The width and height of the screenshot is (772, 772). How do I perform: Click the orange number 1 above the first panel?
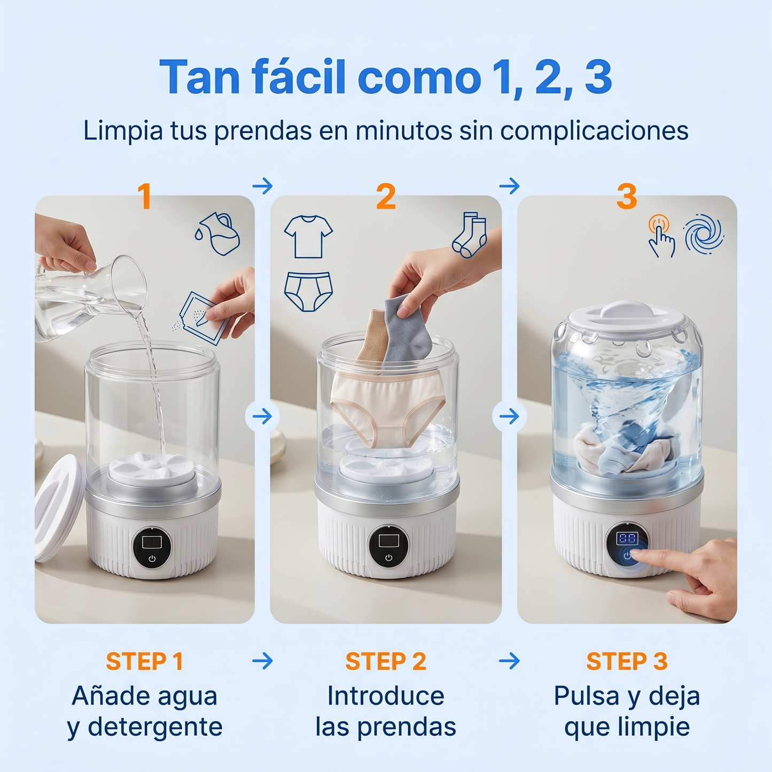144,197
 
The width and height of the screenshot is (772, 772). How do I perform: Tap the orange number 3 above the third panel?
627,197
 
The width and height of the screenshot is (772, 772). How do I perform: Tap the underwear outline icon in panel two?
308,291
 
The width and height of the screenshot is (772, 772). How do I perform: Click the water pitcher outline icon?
218,233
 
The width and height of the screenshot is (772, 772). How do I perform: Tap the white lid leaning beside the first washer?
58,508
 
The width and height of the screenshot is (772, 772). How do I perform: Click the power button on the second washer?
388,557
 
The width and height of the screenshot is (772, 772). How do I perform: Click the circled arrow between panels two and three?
509,416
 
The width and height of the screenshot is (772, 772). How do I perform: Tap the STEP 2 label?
386,661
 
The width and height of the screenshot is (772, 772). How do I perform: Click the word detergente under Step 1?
155,727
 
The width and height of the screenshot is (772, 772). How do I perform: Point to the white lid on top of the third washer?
626,316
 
